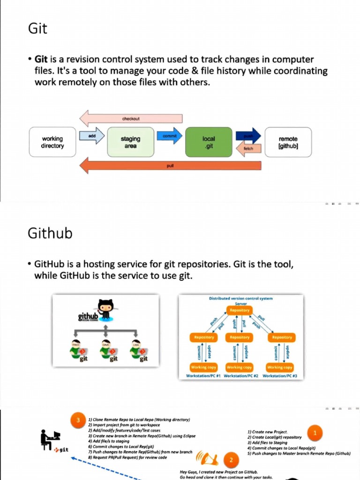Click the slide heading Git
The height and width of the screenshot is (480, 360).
coord(37,29)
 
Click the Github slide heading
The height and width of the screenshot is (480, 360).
coord(50,233)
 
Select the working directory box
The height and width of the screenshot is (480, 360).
coord(52,142)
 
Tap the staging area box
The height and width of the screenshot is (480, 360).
coord(130,142)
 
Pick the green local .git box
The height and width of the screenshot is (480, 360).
coord(209,142)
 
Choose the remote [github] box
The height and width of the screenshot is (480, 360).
coord(288,142)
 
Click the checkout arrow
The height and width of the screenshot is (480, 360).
coord(131,119)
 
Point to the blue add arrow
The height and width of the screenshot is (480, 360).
coord(92,135)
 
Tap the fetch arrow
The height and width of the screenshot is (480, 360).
coord(248,148)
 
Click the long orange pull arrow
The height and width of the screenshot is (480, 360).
coord(170,165)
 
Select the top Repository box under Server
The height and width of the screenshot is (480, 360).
coord(240,310)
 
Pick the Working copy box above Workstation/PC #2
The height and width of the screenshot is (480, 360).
coord(240,367)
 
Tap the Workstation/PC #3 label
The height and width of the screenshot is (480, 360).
coord(283,376)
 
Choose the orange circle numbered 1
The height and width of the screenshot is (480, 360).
coord(315,433)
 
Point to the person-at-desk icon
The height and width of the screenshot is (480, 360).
coord(50,440)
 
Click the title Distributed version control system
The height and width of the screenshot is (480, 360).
coord(240,298)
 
